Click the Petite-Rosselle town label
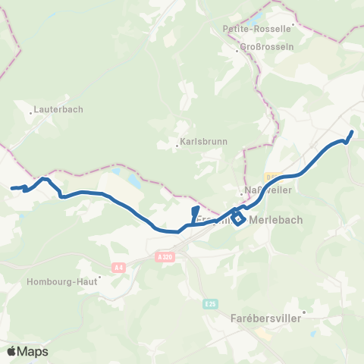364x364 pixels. click(x=257, y=29)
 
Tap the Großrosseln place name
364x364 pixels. click(x=262, y=46)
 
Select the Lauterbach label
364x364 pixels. click(x=58, y=109)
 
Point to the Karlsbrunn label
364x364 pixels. click(x=199, y=142)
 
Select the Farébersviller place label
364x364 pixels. click(x=265, y=319)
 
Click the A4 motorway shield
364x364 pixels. click(x=118, y=267)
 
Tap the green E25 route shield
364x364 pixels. click(x=209, y=303)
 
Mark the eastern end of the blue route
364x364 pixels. click(x=353, y=133)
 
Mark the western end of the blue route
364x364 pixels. click(x=11, y=188)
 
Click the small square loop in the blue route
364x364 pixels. click(x=238, y=219)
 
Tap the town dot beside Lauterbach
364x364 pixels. click(x=31, y=114)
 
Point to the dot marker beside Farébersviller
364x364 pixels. click(x=304, y=312)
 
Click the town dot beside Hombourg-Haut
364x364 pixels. click(x=99, y=275)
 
